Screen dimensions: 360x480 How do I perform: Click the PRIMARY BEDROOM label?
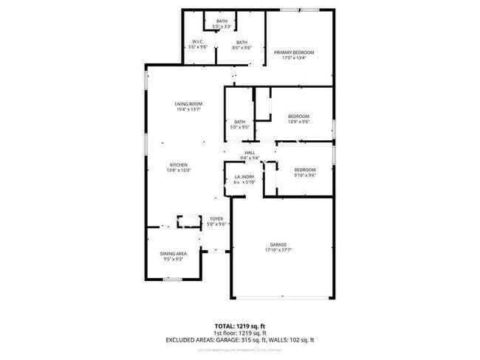[x=294, y=52]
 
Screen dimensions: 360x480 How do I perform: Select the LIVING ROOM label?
[x=188, y=104]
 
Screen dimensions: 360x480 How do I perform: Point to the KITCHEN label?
[x=179, y=165]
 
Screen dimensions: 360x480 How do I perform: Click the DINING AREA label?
[x=174, y=255]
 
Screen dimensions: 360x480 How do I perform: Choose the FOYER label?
[x=216, y=219]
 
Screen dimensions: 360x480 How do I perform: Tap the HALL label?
[x=250, y=152]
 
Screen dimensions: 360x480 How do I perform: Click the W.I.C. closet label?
[x=198, y=41]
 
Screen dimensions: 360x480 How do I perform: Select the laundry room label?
[x=244, y=178]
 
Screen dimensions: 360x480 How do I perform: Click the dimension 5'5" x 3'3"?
[x=222, y=27]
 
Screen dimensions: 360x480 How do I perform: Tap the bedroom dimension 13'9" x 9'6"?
[x=298, y=122]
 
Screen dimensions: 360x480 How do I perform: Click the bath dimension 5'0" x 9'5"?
[x=239, y=127]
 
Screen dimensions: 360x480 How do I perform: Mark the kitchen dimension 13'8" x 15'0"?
[x=179, y=170]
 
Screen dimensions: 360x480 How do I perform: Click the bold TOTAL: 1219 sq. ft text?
[x=240, y=325]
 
